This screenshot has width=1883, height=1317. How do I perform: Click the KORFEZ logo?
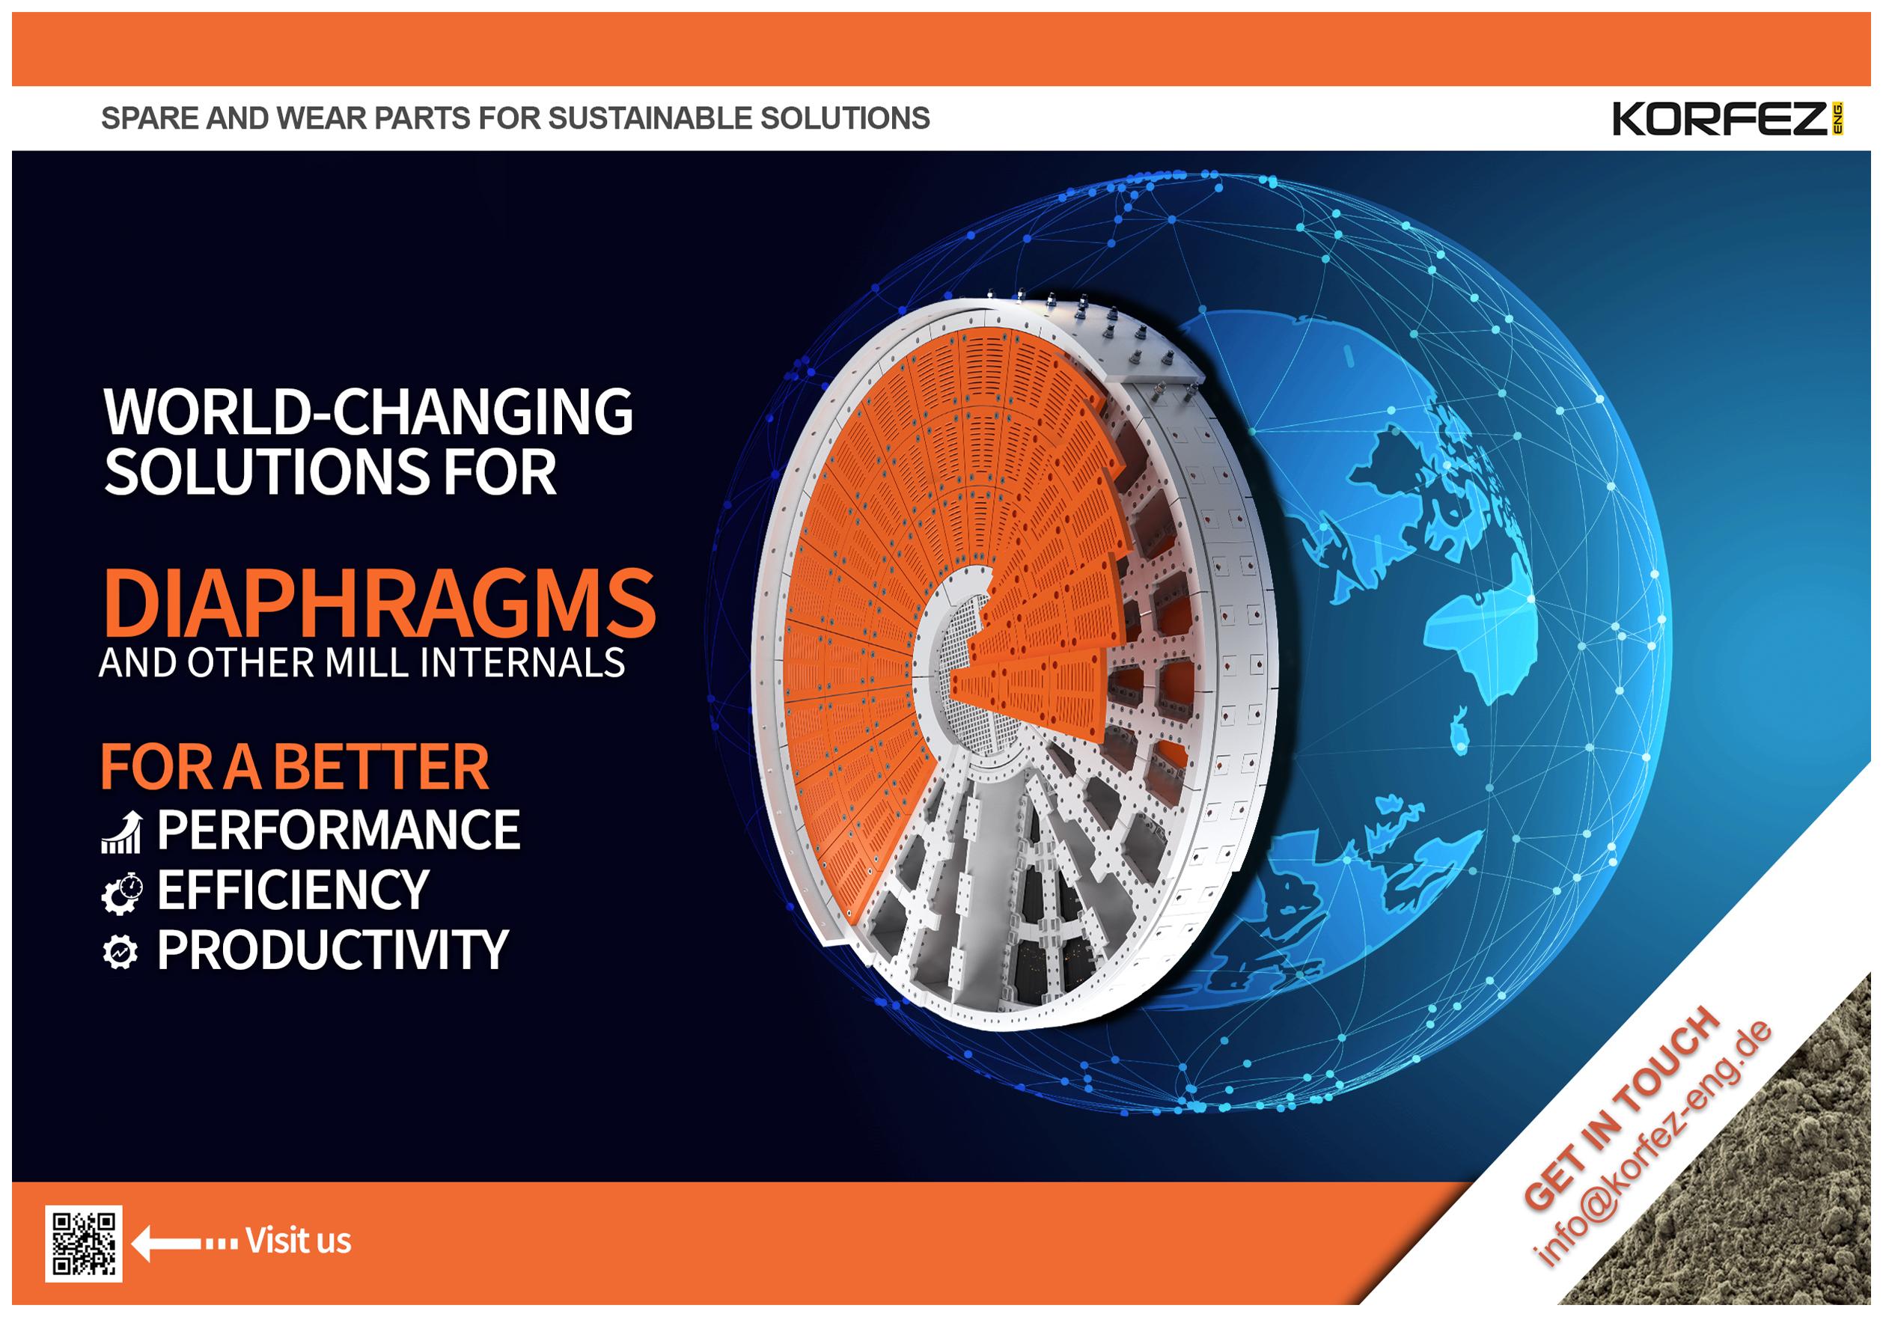pyautogui.click(x=1727, y=120)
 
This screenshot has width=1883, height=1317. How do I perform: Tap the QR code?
pyautogui.click(x=84, y=1243)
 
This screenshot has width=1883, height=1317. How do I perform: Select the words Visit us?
pyautogui.click(x=299, y=1241)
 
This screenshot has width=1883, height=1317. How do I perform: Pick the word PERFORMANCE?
pyautogui.click(x=338, y=829)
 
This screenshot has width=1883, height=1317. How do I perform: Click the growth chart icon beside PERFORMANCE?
pyautogui.click(x=121, y=831)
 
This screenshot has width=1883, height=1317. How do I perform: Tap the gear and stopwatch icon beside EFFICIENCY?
pyautogui.click(x=121, y=892)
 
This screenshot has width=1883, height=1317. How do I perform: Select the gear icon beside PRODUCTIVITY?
pyautogui.click(x=120, y=953)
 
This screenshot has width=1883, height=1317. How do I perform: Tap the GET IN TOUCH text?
pyautogui.click(x=1620, y=1107)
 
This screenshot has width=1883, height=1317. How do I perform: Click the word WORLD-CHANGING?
pyautogui.click(x=368, y=412)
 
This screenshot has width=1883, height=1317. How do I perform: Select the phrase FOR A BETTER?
pyautogui.click(x=294, y=767)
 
